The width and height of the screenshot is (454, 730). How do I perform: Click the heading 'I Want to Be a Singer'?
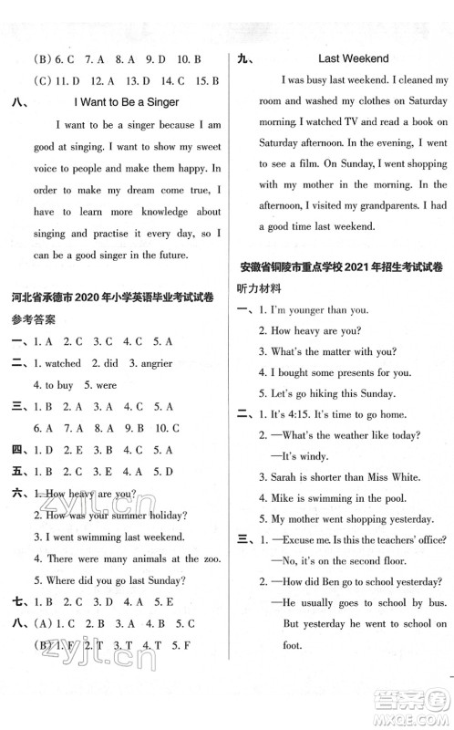126,102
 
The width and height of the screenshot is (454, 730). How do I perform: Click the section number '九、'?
243,58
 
